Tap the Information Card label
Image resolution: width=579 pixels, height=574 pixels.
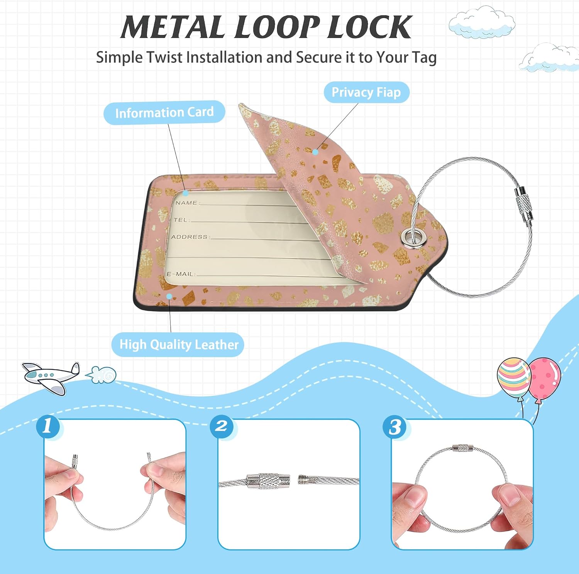click(x=164, y=112)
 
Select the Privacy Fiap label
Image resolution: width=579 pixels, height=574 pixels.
click(x=366, y=92)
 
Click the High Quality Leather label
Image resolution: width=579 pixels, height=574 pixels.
click(x=179, y=344)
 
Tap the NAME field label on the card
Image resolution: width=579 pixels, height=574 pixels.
click(x=186, y=203)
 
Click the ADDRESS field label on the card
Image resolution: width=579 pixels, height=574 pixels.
click(x=190, y=236)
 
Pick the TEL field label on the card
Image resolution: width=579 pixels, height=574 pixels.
click(x=181, y=219)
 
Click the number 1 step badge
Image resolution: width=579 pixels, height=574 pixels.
click(x=48, y=426)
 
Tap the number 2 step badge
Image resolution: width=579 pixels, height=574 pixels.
click(x=221, y=426)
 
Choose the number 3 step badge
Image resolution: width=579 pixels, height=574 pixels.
click(x=394, y=427)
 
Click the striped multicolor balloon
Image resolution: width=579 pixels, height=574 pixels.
click(x=513, y=376)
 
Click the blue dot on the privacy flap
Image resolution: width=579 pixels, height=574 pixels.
click(x=315, y=152)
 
